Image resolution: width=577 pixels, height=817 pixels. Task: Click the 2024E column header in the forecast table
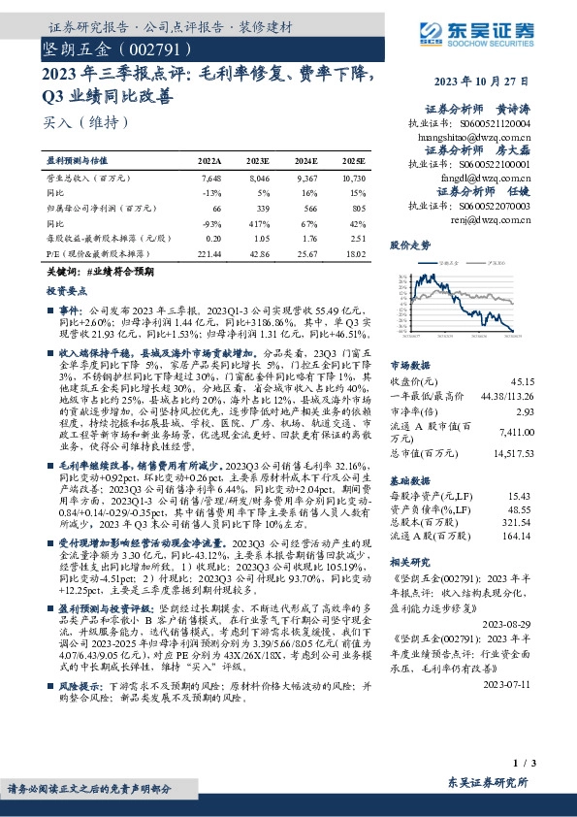pyautogui.click(x=308, y=160)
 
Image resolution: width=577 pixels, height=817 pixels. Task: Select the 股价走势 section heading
pyautogui.click(x=409, y=246)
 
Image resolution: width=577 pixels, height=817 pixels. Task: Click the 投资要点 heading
pyautogui.click(x=66, y=290)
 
